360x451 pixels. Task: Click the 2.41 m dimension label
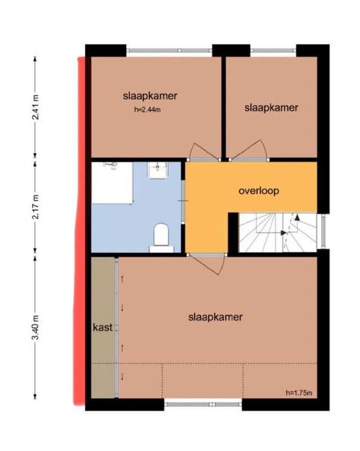(x=35, y=107)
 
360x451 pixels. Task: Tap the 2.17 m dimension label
(x=35, y=207)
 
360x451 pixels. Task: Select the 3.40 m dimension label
(x=35, y=327)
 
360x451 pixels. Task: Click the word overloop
(x=259, y=191)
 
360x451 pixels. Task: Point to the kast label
(x=102, y=327)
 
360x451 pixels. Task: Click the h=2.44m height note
(x=147, y=110)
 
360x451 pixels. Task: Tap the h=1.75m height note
(x=299, y=393)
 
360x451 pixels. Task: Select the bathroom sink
(x=157, y=170)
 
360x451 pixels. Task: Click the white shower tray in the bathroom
(x=112, y=183)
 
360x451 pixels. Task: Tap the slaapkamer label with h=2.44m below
(x=150, y=96)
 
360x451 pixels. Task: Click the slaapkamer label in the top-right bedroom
(x=271, y=108)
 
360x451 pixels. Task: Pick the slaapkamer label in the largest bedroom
(x=215, y=317)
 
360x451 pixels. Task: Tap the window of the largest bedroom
(x=204, y=404)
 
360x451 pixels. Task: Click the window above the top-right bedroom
(x=273, y=51)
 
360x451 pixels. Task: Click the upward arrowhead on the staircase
(x=297, y=218)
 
